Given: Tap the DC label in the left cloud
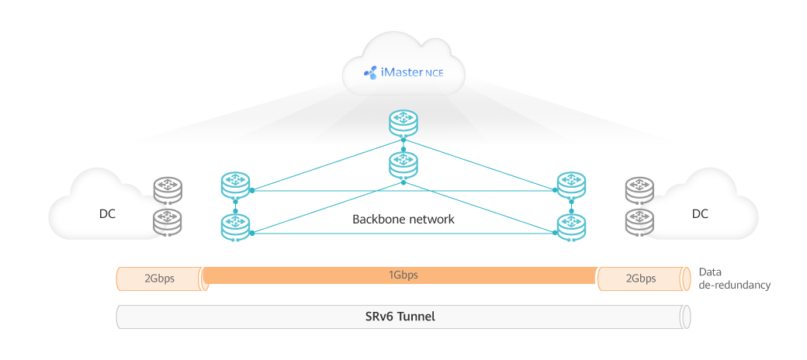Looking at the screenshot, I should [x=107, y=213].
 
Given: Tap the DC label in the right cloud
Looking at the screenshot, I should [x=700, y=213].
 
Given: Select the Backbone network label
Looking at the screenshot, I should [x=403, y=220].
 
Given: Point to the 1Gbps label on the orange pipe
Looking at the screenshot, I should [x=403, y=275].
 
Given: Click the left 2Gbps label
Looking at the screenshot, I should [x=159, y=279].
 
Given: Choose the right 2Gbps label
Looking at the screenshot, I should [x=640, y=279].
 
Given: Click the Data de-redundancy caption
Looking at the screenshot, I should [x=734, y=279].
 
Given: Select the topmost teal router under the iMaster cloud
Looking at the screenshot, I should [x=403, y=121].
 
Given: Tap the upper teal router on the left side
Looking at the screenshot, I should [x=234, y=185].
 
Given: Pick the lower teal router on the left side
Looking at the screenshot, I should [x=234, y=225].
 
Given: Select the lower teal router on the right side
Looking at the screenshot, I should [x=572, y=225].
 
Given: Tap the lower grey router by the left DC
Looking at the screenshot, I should [x=168, y=221].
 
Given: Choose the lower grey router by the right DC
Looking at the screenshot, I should [x=639, y=221].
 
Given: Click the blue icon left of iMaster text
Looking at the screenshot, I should [x=370, y=74].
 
